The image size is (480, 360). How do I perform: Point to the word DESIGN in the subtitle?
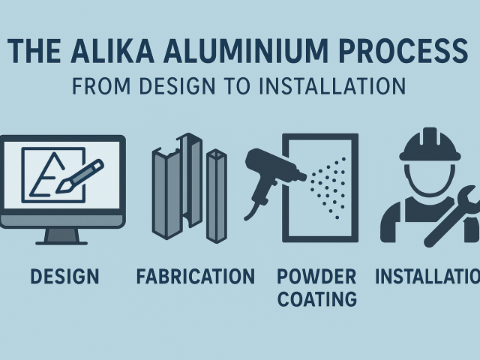coord(175,85)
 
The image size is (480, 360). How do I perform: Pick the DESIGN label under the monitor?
coord(64,277)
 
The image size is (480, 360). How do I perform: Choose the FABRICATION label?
coord(196,277)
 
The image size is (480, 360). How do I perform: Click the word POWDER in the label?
coord(316,277)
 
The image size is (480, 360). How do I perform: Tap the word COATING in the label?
coord(316,299)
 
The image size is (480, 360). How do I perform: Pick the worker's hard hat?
coord(429,145)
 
